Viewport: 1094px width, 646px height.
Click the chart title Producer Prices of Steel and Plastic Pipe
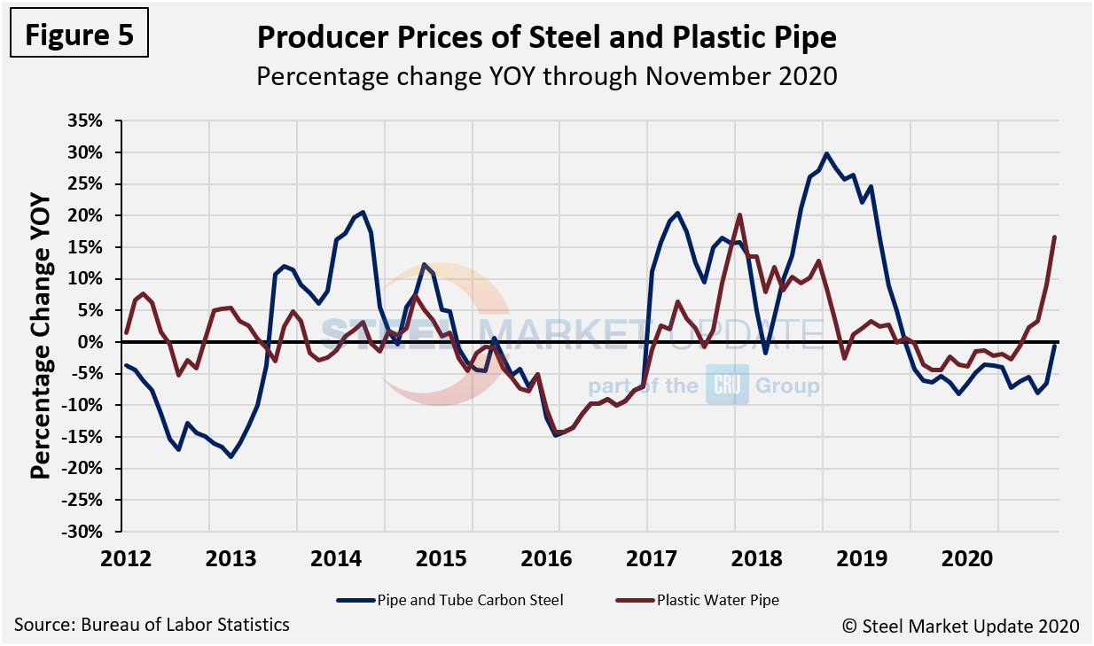point(546,38)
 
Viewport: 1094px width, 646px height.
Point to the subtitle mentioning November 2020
point(546,76)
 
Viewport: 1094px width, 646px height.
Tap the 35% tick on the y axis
point(91,121)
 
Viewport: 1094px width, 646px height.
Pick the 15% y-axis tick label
point(91,247)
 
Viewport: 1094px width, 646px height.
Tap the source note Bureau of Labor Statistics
point(152,625)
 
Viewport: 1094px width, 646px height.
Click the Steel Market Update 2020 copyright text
point(961,626)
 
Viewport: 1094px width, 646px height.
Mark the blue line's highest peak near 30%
point(826,153)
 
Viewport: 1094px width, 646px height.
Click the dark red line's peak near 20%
point(739,214)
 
